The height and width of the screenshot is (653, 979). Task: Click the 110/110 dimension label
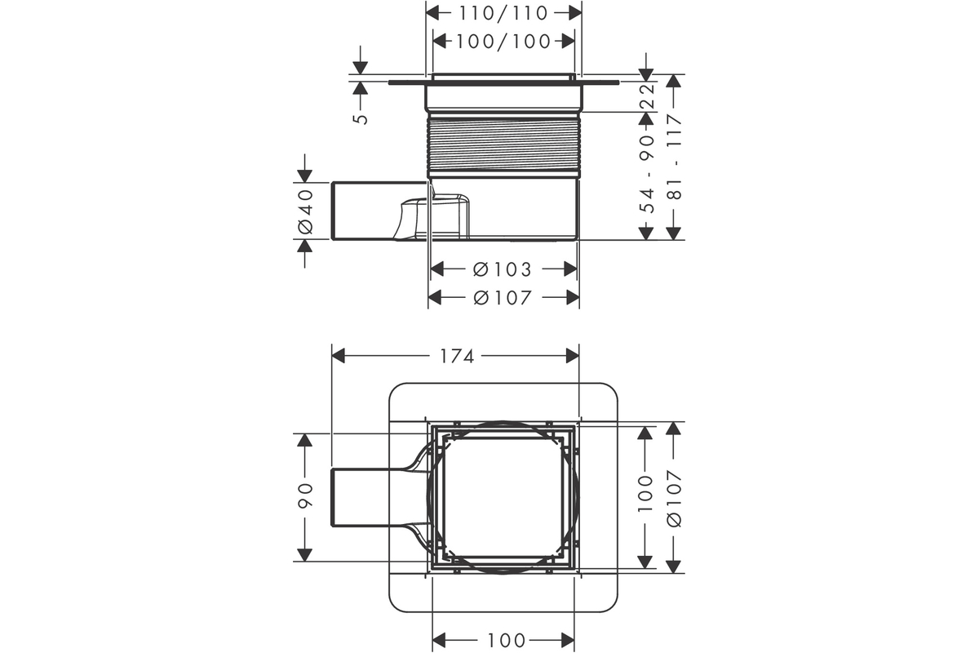point(503,14)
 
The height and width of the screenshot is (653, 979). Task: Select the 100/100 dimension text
point(503,42)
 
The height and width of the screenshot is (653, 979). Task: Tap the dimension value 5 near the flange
point(361,118)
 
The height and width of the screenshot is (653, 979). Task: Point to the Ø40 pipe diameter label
point(305,211)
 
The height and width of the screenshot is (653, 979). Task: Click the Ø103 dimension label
point(503,269)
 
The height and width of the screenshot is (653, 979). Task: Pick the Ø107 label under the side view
point(503,298)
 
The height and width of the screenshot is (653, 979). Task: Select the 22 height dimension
point(647,95)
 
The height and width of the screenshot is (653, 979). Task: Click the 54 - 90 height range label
point(647,173)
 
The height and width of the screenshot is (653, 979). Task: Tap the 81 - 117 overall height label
point(675,157)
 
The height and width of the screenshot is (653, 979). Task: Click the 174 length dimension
point(457,357)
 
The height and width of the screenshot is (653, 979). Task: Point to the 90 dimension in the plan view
point(305,495)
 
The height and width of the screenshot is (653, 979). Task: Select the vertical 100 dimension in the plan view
point(645,493)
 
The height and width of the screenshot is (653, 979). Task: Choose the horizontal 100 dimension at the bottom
point(506,642)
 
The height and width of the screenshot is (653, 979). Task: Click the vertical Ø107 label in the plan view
point(675,498)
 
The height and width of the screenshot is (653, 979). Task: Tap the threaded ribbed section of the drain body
point(503,144)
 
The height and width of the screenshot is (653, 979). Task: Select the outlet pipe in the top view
point(371,497)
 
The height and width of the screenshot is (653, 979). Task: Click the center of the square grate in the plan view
point(503,497)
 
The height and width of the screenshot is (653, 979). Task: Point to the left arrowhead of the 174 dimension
point(339,356)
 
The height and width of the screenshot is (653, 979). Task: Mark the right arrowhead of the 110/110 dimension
point(574,14)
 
